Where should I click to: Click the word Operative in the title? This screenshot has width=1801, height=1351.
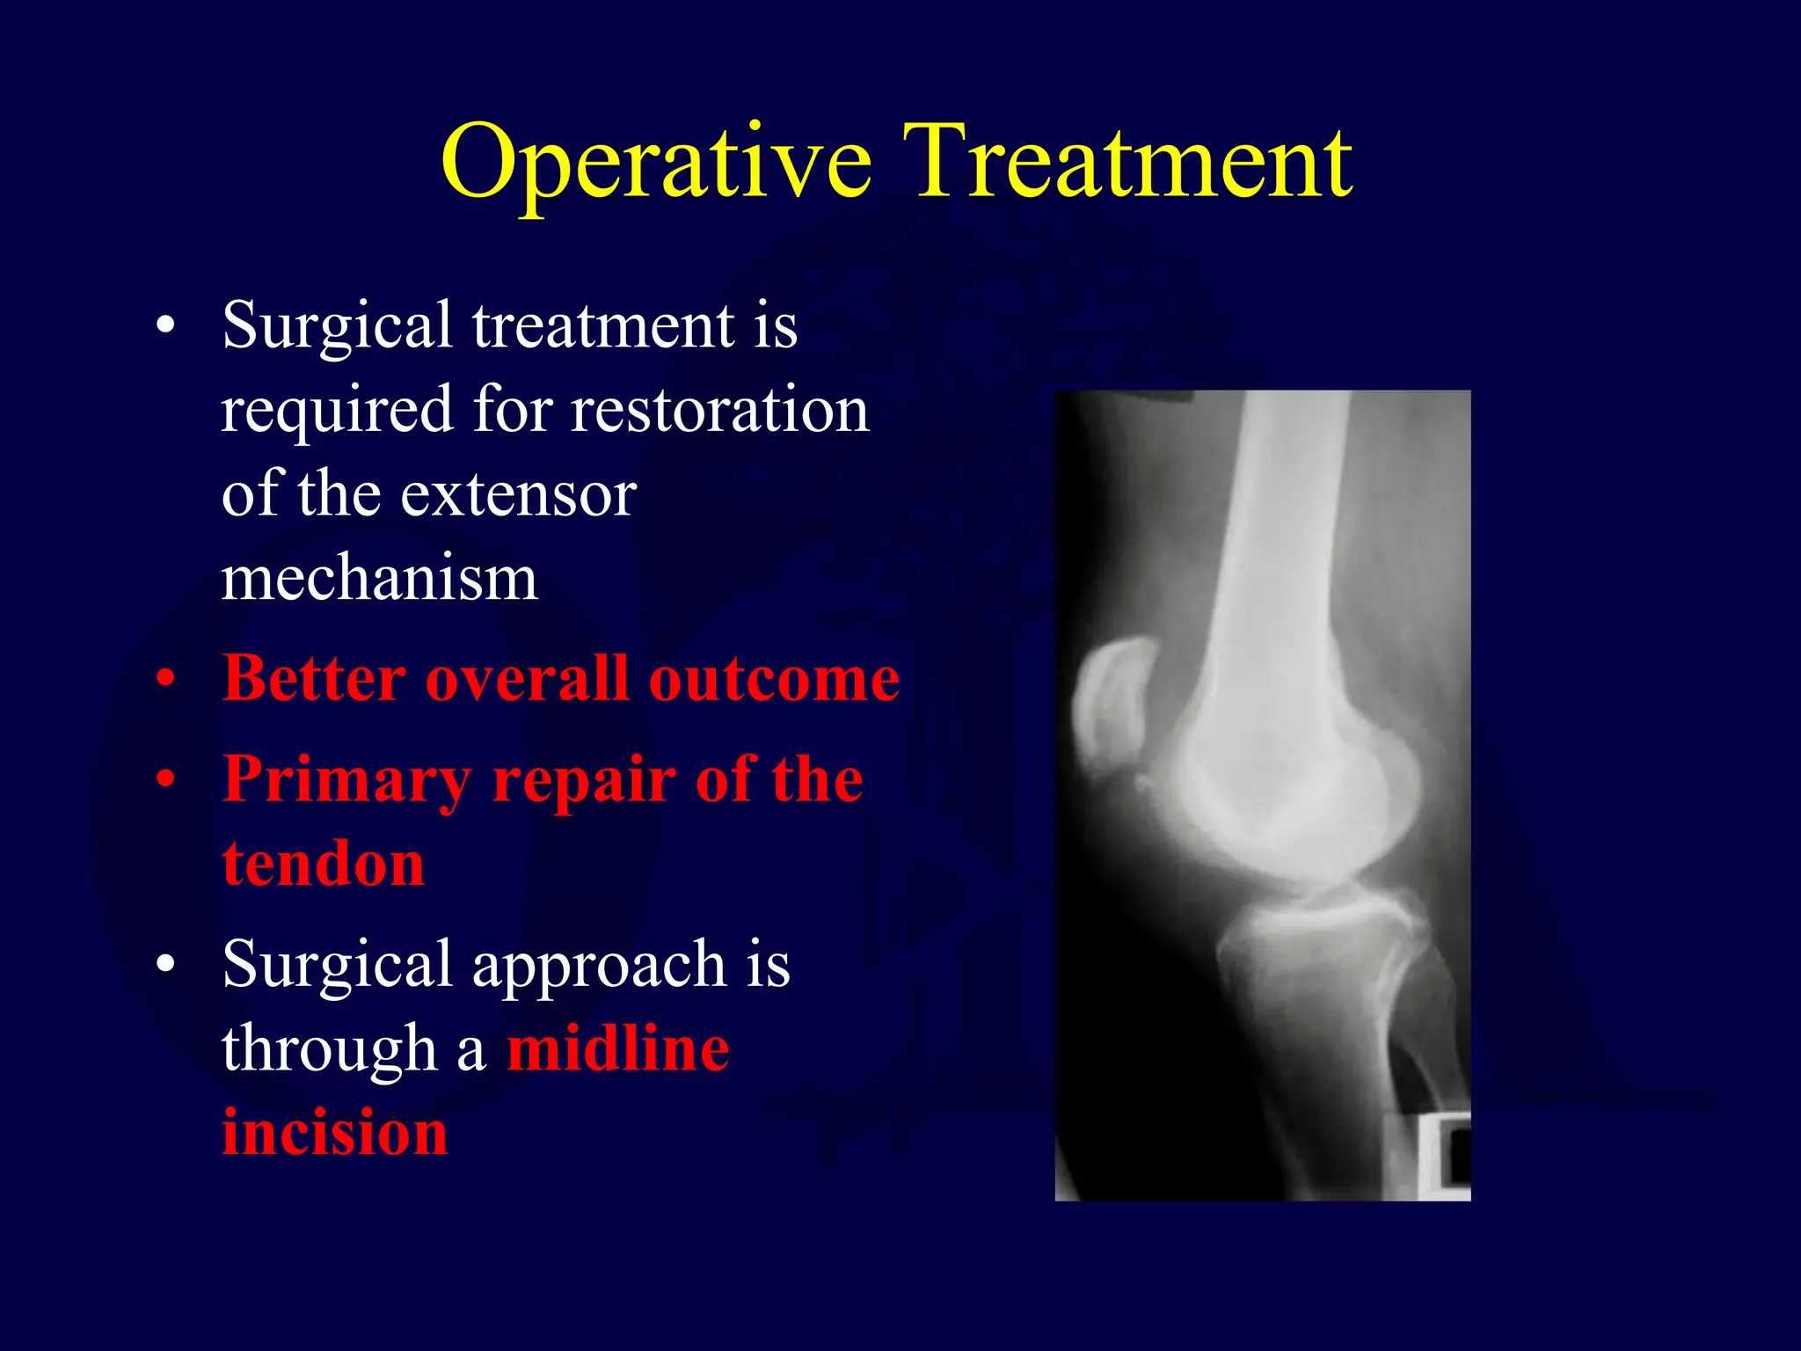(656, 163)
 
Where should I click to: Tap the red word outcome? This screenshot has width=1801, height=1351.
(774, 679)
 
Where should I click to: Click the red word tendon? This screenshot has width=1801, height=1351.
(324, 864)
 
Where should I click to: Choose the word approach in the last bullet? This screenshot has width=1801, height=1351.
(599, 965)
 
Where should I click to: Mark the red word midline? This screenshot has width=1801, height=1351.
(618, 1048)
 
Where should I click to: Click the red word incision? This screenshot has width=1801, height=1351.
(335, 1132)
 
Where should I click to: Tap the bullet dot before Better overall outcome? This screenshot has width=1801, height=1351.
(165, 682)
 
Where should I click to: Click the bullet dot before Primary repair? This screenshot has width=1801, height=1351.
(165, 781)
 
